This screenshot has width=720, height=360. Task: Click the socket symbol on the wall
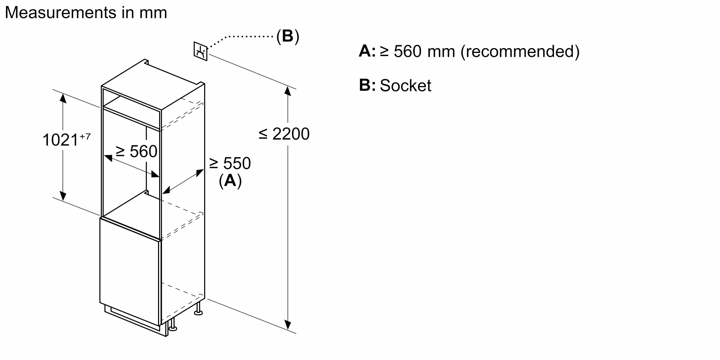[201, 51]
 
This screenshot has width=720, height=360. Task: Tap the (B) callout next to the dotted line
[287, 36]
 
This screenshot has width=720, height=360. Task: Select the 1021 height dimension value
[60, 140]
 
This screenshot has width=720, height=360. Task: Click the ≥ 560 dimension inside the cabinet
[137, 151]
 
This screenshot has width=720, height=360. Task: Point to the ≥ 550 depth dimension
[230, 163]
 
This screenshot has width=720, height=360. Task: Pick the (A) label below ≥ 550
[230, 181]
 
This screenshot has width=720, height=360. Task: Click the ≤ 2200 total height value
[284, 134]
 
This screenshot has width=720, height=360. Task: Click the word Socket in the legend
[405, 86]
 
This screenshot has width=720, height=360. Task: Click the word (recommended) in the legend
[520, 51]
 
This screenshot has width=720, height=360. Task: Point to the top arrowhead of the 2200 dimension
[287, 91]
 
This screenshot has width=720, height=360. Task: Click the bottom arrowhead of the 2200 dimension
[287, 325]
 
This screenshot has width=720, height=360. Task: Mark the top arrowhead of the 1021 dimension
[63, 98]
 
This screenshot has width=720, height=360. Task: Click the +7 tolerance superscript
[85, 136]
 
